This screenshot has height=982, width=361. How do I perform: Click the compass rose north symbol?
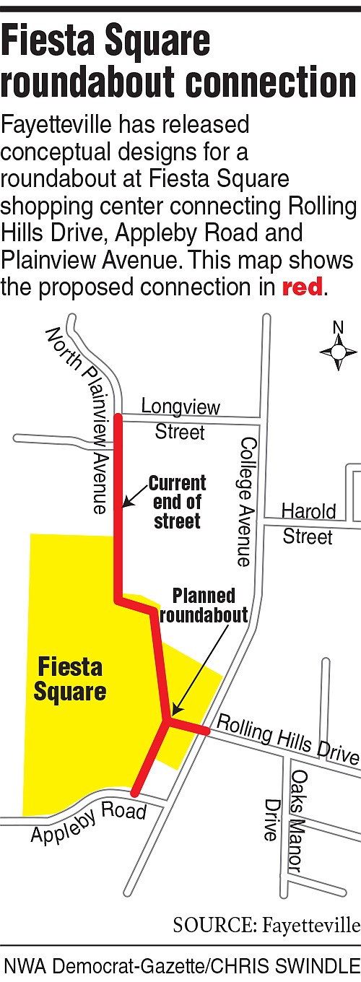337,352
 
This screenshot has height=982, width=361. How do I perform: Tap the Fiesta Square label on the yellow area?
70,679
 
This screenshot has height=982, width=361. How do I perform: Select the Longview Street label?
180,420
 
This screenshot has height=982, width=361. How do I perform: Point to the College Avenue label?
246,501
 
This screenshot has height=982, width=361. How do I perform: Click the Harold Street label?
308,523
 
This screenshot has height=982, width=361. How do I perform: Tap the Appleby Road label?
88,823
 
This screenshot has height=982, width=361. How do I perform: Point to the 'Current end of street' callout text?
177,502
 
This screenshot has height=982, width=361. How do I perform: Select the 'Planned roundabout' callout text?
204,605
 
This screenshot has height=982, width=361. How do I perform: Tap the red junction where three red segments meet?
169,720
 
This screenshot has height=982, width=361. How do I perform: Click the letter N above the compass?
338,327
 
